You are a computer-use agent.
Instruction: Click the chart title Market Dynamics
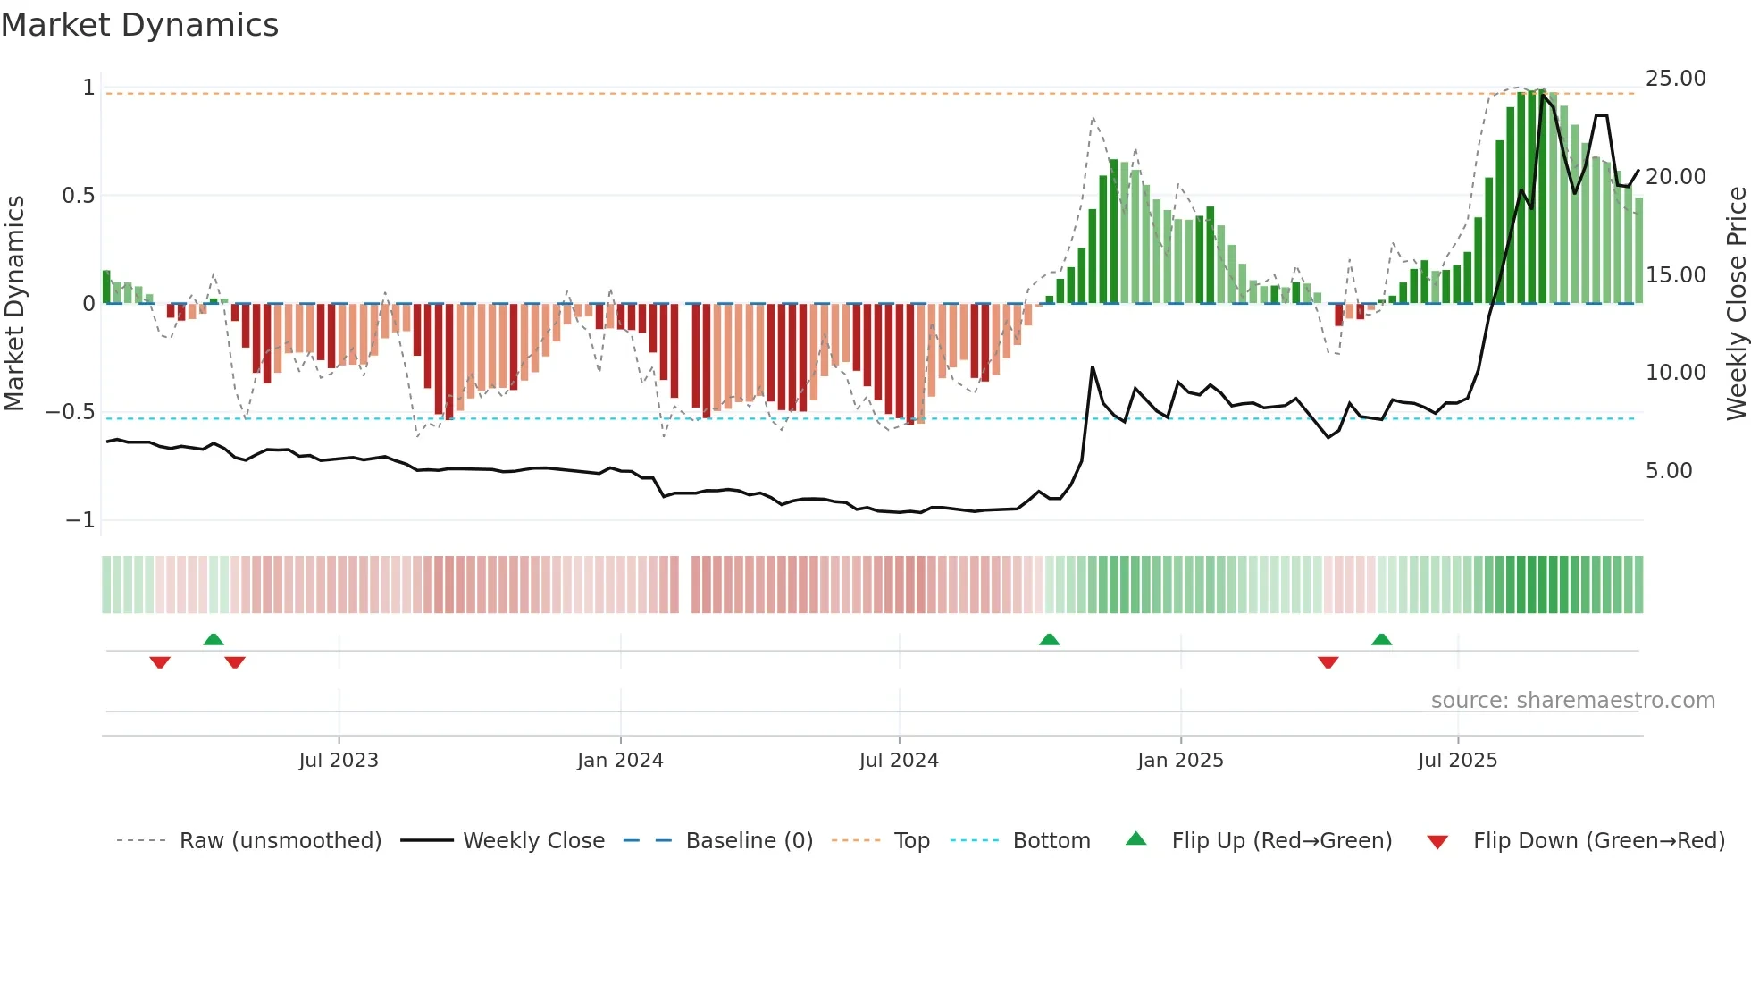[139, 25]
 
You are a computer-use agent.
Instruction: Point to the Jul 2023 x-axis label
[339, 761]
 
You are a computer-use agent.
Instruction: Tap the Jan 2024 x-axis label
[620, 761]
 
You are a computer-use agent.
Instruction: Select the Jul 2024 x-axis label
[899, 761]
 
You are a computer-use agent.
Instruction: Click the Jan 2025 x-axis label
[1180, 761]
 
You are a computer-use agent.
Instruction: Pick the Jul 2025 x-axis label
[1457, 761]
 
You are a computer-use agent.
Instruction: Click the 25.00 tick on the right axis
[1675, 79]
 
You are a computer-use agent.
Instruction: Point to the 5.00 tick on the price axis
[1669, 471]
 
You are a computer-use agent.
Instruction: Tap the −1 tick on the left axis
[80, 520]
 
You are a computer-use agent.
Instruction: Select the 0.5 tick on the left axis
[79, 196]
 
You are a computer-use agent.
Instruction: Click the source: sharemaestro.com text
[1572, 701]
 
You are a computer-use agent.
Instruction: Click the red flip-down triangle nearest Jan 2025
[1328, 662]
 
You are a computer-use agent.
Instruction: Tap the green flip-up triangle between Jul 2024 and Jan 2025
[1050, 640]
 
